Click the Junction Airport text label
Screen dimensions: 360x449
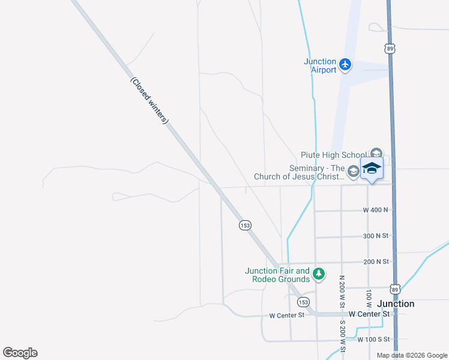(x=320, y=65)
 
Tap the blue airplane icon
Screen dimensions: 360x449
(x=345, y=64)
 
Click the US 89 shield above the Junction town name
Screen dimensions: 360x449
(x=394, y=288)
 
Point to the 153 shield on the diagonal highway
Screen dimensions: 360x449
(x=245, y=225)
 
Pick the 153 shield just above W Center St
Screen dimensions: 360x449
(x=304, y=302)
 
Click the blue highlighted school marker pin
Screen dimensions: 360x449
(x=372, y=169)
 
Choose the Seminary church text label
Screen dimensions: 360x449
(x=299, y=173)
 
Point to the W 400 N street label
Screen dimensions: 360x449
(x=376, y=210)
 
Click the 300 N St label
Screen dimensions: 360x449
(x=376, y=236)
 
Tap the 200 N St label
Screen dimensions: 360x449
(x=376, y=262)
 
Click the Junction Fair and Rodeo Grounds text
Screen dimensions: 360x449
(x=277, y=275)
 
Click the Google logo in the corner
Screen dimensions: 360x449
(x=20, y=353)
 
